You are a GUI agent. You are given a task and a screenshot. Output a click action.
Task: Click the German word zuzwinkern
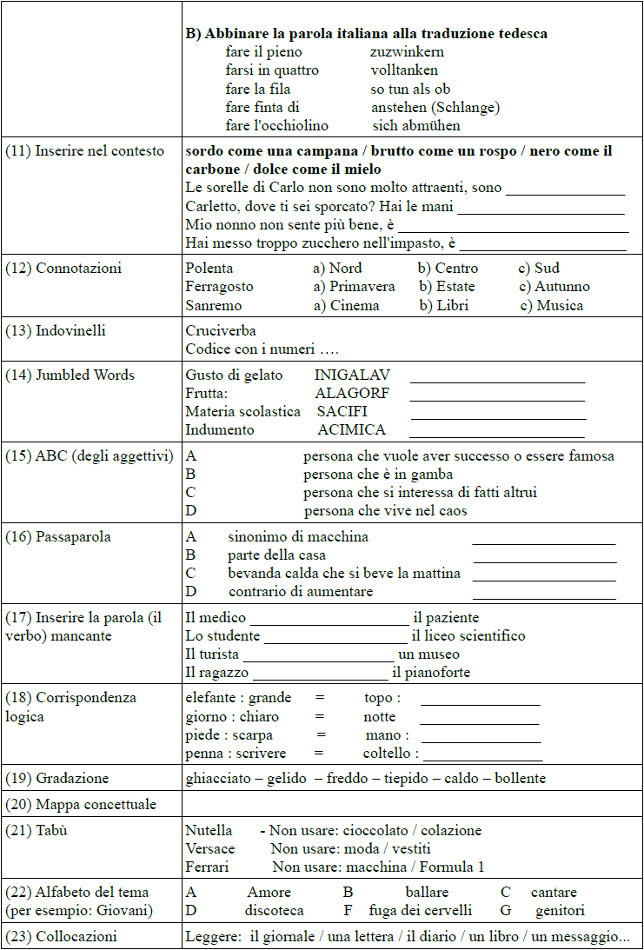point(407,52)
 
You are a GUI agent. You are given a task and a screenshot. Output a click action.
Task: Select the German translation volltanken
point(404,70)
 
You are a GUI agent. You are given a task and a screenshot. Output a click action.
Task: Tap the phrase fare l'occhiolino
point(276,126)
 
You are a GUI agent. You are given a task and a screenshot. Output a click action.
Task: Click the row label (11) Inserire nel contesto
point(84,151)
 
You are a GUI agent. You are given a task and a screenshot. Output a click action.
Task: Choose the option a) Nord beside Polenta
point(337,268)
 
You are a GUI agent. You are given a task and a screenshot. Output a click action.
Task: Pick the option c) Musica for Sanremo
point(552,305)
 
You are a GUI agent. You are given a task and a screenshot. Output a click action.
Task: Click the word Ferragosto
point(219,287)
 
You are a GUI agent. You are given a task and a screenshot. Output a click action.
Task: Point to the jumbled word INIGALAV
point(352,375)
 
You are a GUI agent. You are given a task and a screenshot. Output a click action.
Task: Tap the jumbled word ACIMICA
point(351,430)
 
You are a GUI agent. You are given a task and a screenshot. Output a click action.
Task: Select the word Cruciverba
point(221,331)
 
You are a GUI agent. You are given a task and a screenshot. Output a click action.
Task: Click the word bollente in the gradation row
point(520,778)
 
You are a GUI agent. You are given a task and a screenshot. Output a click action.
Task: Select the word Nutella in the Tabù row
point(209,831)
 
